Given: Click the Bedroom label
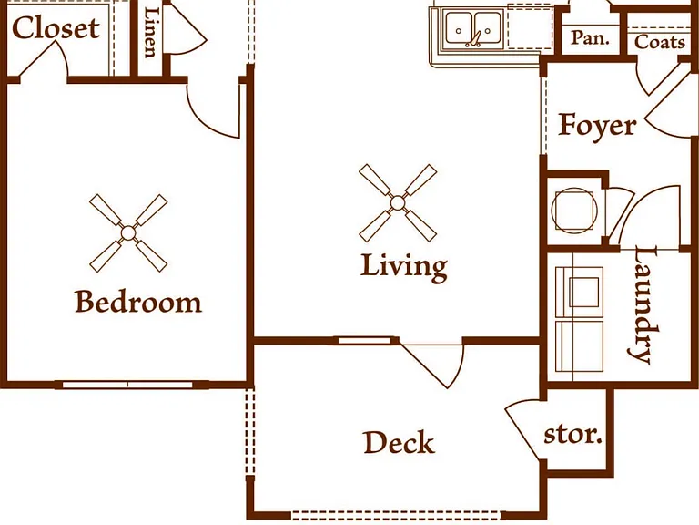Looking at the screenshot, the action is [x=138, y=302].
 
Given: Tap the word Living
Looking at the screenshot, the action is [x=404, y=267].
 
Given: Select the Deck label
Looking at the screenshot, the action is [x=399, y=443].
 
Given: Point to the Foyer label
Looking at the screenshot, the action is [x=597, y=127].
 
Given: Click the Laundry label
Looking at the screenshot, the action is [x=643, y=304].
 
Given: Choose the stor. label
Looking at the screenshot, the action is [x=572, y=435].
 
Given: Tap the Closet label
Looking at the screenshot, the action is [x=56, y=27].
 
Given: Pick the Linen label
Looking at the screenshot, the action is [x=152, y=32].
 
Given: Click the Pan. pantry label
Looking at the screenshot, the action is [x=590, y=38].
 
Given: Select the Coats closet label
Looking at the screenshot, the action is [x=660, y=42].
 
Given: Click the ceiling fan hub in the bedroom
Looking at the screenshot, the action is [x=128, y=233].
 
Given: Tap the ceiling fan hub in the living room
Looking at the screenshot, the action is [x=398, y=203].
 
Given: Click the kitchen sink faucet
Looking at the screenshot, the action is [x=474, y=39].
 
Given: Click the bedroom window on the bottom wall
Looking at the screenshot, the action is [x=128, y=385].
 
